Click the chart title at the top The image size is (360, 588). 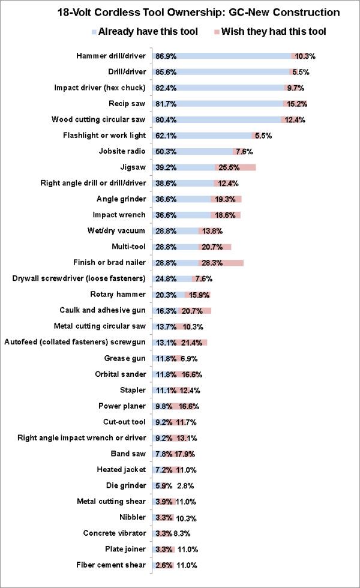click(x=199, y=13)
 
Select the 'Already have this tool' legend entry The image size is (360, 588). click(x=145, y=31)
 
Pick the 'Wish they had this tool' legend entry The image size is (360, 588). click(x=270, y=31)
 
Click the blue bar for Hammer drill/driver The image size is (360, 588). click(x=222, y=56)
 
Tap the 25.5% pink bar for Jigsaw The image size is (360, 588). click(x=235, y=167)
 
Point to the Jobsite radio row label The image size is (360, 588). click(x=122, y=151)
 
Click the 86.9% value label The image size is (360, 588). click(x=166, y=56)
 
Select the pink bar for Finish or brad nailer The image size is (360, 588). click(x=221, y=263)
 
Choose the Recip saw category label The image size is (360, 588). click(x=127, y=103)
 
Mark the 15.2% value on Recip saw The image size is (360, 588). click(x=296, y=104)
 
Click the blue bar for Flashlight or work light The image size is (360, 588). click(x=203, y=136)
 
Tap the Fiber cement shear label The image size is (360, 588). click(x=110, y=565)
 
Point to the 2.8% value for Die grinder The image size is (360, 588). click(x=185, y=486)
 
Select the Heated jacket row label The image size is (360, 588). click(x=121, y=469)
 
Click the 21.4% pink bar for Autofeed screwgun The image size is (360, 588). click(x=190, y=343)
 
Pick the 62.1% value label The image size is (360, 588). click(x=166, y=136)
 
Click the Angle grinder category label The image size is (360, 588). click(x=121, y=199)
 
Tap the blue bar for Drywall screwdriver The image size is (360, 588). click(x=173, y=278)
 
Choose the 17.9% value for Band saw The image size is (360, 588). click(x=185, y=454)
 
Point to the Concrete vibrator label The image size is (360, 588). click(x=115, y=533)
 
